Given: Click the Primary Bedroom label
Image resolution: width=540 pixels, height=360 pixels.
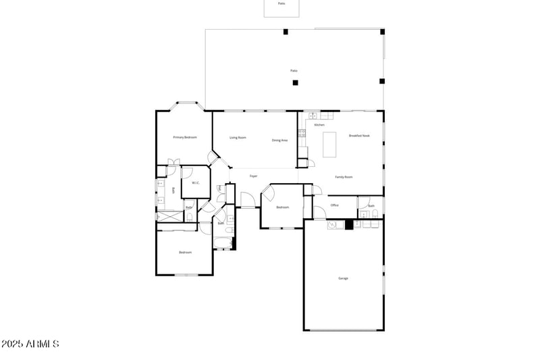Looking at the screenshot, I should (x=185, y=138).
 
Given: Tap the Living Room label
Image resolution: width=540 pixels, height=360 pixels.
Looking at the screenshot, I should (x=238, y=138).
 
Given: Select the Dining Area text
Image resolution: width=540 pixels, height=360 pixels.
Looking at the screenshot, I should (x=280, y=140).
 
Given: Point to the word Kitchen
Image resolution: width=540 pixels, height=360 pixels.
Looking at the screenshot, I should (x=319, y=125).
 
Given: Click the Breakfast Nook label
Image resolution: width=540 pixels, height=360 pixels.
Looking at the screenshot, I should (x=359, y=136).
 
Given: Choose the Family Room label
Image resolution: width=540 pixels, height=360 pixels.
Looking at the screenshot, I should (x=344, y=177).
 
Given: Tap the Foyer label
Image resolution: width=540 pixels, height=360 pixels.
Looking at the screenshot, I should (x=254, y=176).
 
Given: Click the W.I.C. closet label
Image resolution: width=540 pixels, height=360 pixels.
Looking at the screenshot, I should (x=195, y=183).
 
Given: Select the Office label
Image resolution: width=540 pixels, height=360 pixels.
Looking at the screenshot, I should (x=334, y=205).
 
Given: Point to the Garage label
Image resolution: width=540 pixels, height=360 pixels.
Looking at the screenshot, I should (x=343, y=278).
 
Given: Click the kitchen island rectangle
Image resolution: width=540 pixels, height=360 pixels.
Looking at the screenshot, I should (x=330, y=144).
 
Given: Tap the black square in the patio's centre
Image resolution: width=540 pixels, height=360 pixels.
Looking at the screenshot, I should (x=295, y=83).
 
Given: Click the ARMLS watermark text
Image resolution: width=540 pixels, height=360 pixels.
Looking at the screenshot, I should (x=30, y=344).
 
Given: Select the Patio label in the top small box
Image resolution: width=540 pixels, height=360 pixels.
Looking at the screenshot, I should (x=281, y=3).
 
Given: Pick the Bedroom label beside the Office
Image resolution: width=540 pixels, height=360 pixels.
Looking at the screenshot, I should (x=283, y=207).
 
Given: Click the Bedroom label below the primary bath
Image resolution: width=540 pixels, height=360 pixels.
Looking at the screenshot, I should (x=185, y=253).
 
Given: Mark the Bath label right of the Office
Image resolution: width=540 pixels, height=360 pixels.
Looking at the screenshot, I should (x=371, y=206).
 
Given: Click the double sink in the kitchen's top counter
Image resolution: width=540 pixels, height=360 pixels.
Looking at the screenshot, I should (x=313, y=116).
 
